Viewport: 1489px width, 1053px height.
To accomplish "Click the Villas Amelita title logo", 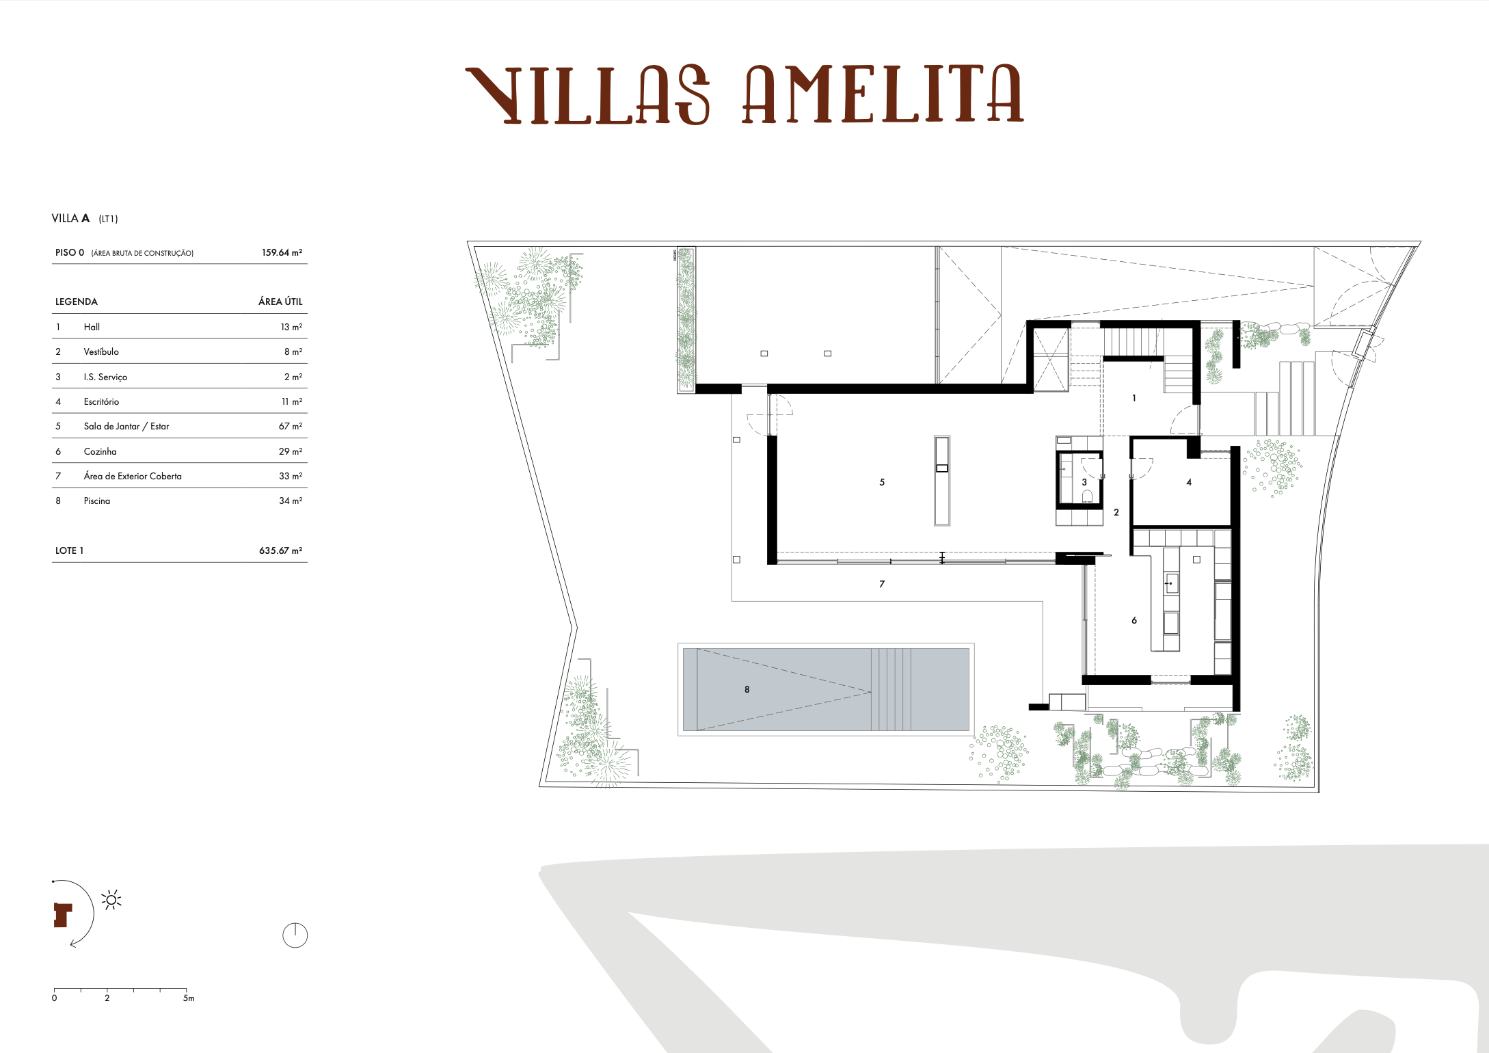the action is tap(744, 94).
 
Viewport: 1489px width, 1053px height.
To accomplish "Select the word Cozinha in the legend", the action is tap(100, 451).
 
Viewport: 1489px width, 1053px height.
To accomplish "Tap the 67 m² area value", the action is tap(290, 426).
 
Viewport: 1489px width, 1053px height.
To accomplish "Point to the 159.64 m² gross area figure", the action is tap(282, 252).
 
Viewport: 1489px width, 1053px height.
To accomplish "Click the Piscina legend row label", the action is tap(96, 501).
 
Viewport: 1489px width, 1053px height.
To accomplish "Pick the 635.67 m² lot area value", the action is tap(280, 550).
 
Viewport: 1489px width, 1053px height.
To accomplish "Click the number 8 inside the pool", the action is tap(747, 689).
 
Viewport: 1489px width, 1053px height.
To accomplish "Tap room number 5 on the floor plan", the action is tap(882, 482).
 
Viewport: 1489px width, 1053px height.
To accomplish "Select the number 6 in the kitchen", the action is tap(1134, 620).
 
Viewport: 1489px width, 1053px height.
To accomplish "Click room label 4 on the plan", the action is tap(1189, 482).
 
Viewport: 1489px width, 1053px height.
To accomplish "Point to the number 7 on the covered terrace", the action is tap(882, 584).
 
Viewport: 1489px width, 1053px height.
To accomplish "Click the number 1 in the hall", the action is tap(1134, 398).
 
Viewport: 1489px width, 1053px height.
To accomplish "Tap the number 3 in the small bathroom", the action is tap(1084, 482).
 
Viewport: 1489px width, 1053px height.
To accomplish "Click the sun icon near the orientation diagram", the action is tap(111, 900).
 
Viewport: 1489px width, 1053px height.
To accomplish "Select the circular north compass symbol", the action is tap(295, 935).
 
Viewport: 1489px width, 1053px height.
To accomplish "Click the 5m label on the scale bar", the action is tap(189, 998).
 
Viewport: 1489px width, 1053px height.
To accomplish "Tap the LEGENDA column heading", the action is tap(77, 302).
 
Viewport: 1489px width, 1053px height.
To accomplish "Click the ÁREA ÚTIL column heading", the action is tap(280, 302).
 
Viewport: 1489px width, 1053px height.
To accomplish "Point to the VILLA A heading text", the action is tap(70, 218).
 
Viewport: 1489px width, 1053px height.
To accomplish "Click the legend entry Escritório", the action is tap(101, 401).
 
